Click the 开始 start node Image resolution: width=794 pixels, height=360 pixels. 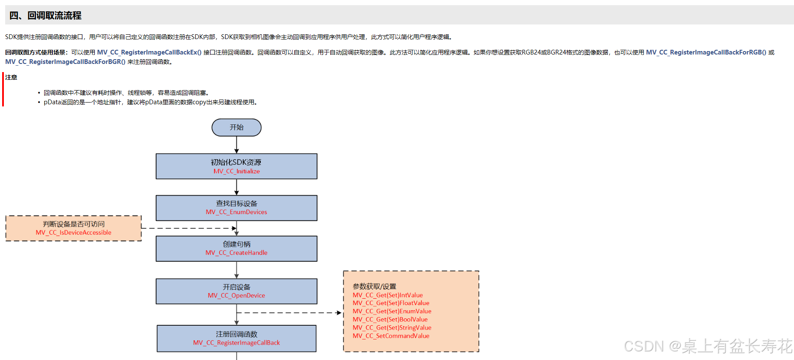coord(236,127)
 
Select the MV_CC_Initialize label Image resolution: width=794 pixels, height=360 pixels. coord(236,171)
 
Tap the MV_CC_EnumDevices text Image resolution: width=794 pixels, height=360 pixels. coord(236,212)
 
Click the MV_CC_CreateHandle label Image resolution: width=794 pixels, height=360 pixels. coord(236,253)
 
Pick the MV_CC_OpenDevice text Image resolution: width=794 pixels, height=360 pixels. coord(236,296)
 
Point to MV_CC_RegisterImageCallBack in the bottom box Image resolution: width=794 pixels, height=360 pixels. coord(236,343)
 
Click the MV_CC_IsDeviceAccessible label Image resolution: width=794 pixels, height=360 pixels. coord(73,233)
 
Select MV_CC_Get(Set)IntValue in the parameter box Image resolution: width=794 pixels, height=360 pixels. coord(388,295)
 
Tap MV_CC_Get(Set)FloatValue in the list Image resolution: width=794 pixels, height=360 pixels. coord(391,303)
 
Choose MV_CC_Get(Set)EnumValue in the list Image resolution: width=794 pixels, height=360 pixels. coord(392,311)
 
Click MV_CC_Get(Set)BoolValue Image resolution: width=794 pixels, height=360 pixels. coord(390,319)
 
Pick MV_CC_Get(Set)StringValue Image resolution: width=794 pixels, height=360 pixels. coord(392,327)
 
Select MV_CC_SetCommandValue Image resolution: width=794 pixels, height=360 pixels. coord(391,336)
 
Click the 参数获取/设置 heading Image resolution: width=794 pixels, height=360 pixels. coord(374,286)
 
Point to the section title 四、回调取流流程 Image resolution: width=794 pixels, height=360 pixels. coord(45,15)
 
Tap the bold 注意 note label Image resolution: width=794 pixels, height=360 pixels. coord(11,77)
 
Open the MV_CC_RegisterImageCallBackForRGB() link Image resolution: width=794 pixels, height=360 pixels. coord(706,52)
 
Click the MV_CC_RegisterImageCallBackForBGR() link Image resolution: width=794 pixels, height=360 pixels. coord(65,62)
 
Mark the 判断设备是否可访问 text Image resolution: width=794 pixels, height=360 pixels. coord(73,224)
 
